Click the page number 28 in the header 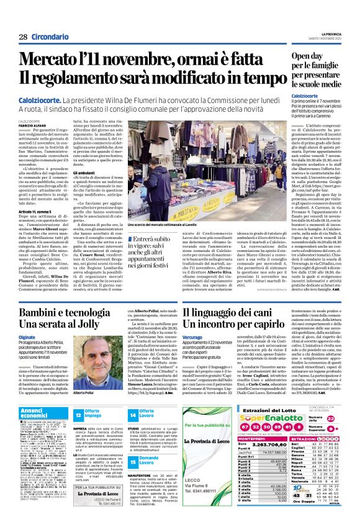(x=23, y=37)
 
